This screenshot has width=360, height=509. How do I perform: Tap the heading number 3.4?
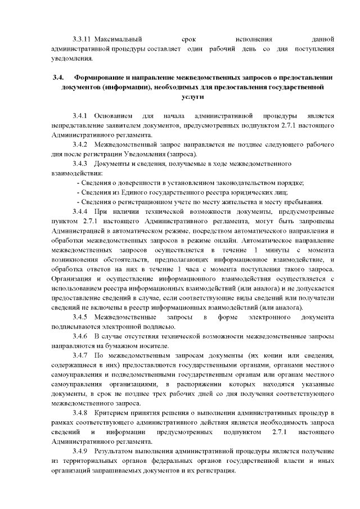point(55,77)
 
